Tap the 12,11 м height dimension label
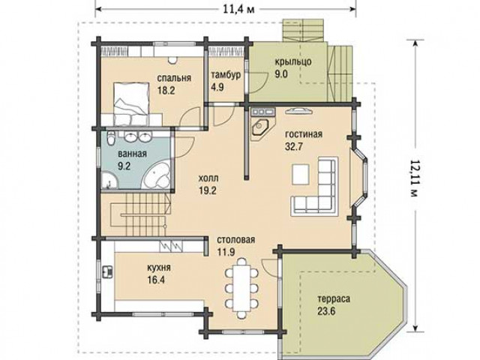point(414,178)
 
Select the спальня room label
point(174,78)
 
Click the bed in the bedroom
point(130,103)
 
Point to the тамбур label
point(226,75)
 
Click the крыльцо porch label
point(293,61)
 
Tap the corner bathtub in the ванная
point(157,176)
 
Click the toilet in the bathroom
point(111,137)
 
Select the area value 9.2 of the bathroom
point(124,166)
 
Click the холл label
point(208,178)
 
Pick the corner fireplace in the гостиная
point(262,129)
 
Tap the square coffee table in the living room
point(300,174)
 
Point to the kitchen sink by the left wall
point(107,271)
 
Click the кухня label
point(159,268)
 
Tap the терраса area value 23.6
point(326,312)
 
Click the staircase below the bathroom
point(139,214)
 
